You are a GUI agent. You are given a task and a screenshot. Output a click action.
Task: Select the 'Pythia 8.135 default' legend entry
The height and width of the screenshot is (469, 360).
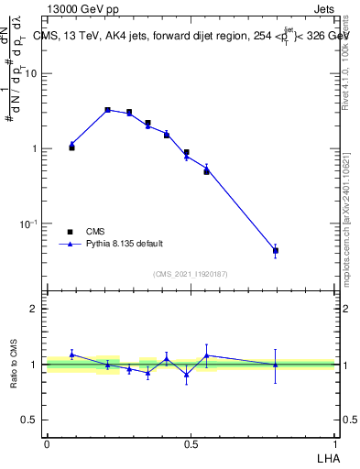pyautogui.click(x=125, y=244)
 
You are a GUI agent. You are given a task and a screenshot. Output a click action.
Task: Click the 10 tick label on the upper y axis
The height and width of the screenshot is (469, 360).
pyautogui.click(x=30, y=73)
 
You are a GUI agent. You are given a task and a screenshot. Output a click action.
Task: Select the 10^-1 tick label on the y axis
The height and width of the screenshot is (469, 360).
pyautogui.click(x=28, y=224)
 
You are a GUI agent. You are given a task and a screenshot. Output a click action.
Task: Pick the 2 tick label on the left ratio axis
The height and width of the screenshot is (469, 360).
pyautogui.click(x=34, y=309)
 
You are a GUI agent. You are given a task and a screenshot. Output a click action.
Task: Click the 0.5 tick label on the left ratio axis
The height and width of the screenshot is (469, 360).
pyautogui.click(x=29, y=420)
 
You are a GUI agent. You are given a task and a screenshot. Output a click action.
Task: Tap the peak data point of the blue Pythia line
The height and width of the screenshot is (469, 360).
pyautogui.click(x=107, y=110)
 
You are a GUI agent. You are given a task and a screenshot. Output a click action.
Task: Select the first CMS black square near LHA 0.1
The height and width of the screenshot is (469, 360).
pyautogui.click(x=71, y=147)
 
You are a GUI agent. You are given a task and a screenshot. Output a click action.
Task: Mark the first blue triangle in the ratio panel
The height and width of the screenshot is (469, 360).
pyautogui.click(x=71, y=354)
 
